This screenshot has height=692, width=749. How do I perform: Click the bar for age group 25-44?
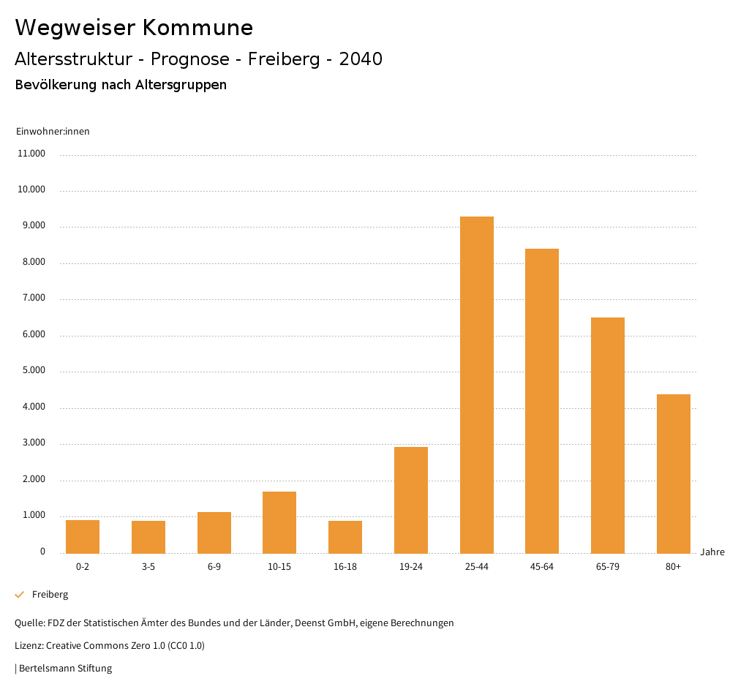(x=476, y=385)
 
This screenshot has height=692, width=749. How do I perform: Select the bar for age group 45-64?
(x=542, y=401)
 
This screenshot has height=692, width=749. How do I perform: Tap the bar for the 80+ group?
(x=673, y=473)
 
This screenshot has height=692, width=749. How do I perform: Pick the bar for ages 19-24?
(x=411, y=500)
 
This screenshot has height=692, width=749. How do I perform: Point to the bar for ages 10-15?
(x=279, y=522)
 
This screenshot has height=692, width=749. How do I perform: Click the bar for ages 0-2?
(x=83, y=536)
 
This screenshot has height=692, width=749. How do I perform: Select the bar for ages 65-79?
(x=608, y=435)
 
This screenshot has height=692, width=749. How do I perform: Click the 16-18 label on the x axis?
(x=345, y=567)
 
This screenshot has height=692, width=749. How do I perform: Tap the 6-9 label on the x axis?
(x=214, y=567)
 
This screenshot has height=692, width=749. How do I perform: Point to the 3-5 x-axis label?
(x=148, y=567)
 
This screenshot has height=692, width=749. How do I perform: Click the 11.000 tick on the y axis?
(x=31, y=154)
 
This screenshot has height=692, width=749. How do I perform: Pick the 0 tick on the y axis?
(x=42, y=552)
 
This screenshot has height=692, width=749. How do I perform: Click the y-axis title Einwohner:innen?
(x=53, y=132)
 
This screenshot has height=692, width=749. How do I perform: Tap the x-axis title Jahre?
(x=712, y=552)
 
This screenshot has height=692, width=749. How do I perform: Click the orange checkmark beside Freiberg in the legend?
(x=20, y=595)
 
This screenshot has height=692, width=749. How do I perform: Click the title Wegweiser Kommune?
(x=134, y=28)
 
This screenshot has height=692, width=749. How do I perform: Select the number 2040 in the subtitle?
(x=361, y=59)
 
